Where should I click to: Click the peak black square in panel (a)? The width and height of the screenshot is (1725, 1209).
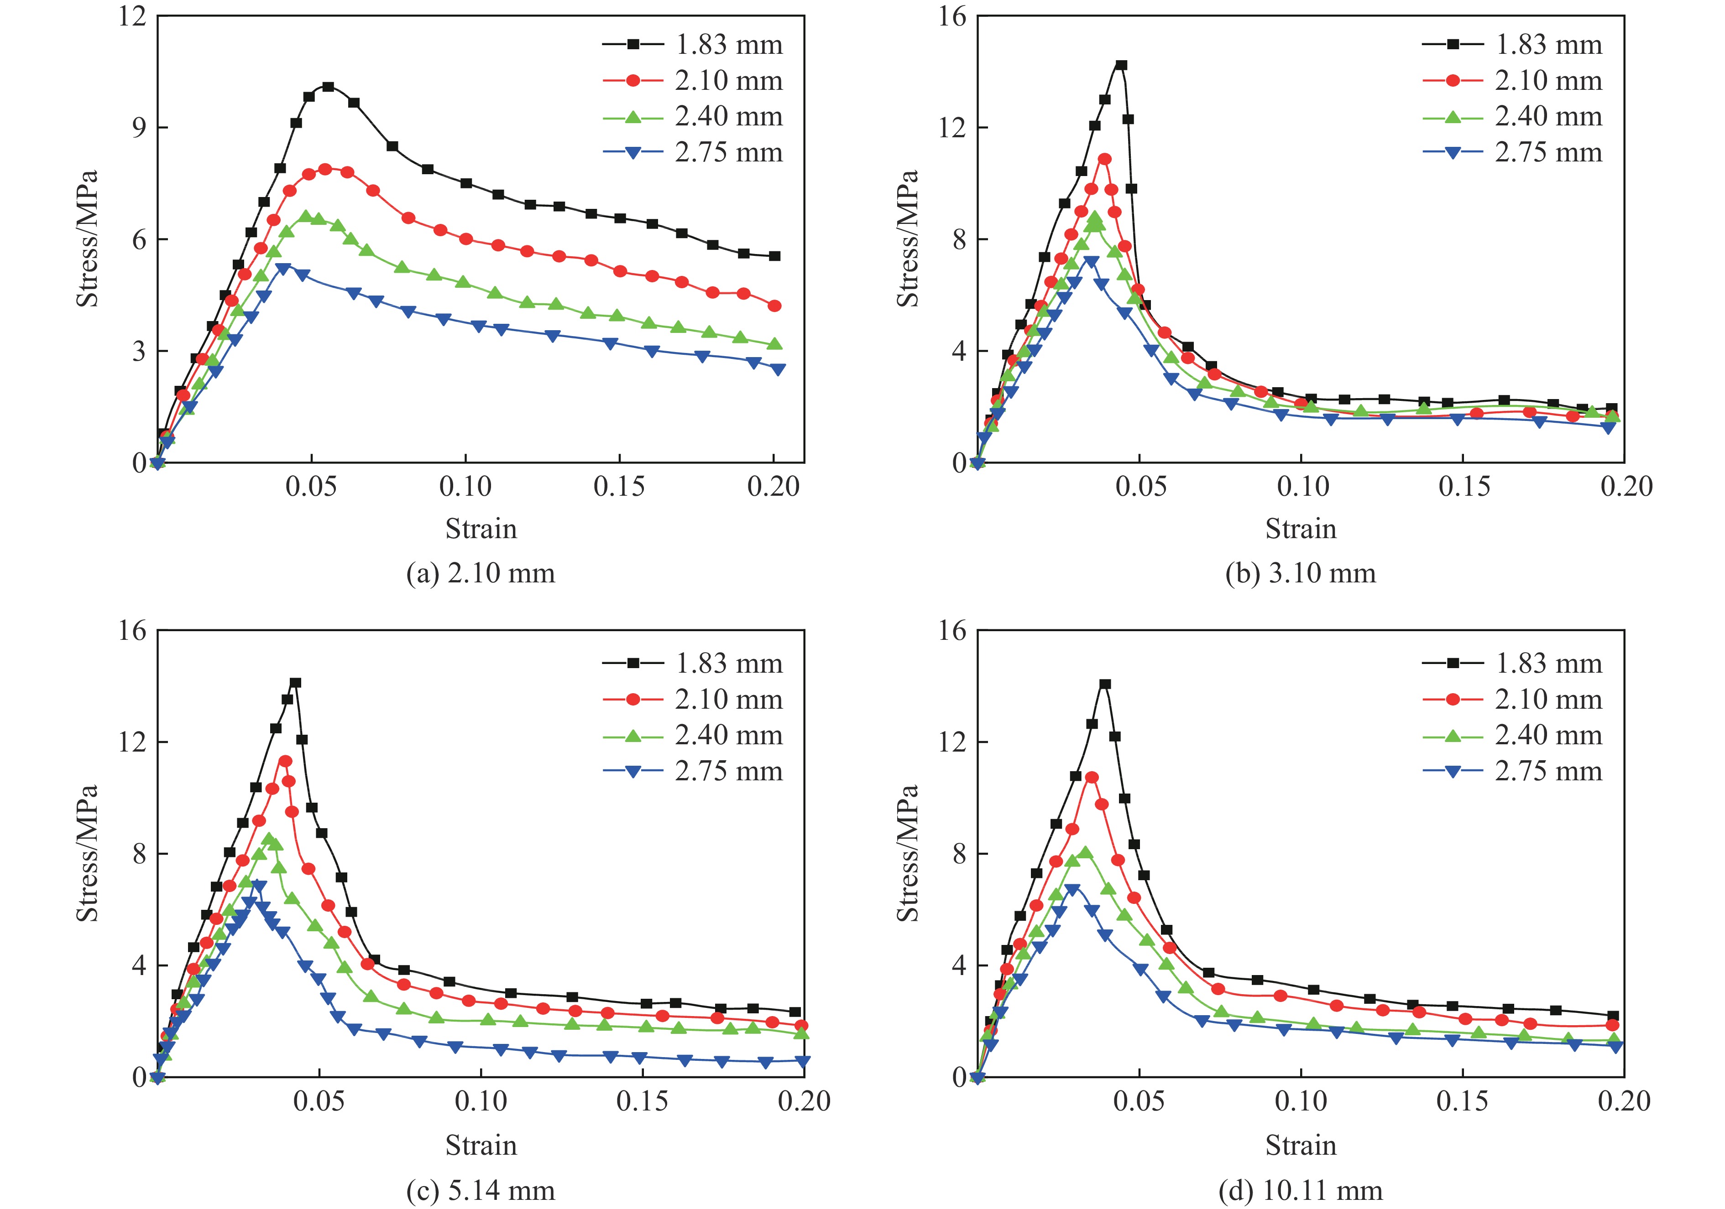[x=328, y=87]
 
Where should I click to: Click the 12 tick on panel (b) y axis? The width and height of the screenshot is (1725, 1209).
[x=952, y=128]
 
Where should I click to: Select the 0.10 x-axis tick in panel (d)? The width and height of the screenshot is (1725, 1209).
[x=1301, y=1102]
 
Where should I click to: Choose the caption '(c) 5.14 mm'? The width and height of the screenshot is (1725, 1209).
[x=481, y=1190]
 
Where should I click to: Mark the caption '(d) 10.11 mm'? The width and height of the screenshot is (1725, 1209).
[x=1301, y=1190]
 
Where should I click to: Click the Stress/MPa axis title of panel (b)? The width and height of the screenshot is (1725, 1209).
[x=908, y=239]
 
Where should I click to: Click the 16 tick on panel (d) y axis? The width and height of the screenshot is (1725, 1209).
[x=952, y=631]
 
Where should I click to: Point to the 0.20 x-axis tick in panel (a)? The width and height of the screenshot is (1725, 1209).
[x=773, y=487]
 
